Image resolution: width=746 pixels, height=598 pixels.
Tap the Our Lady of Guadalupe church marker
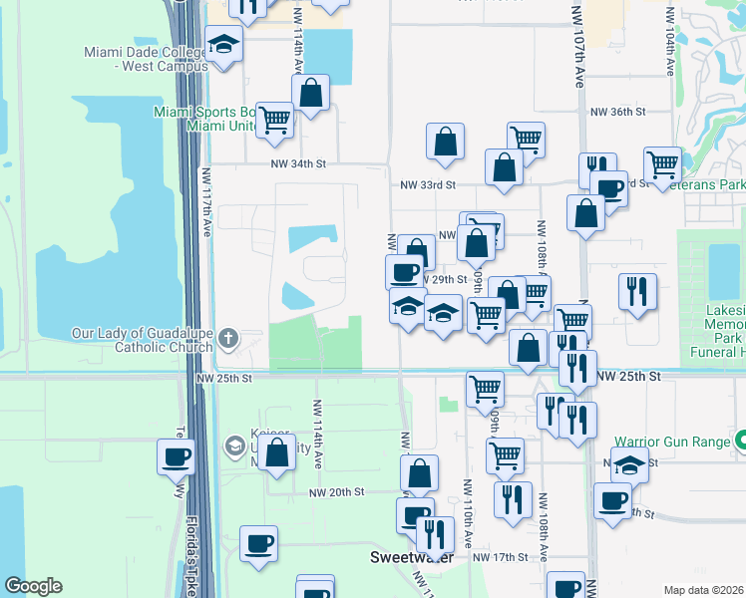pyautogui.click(x=228, y=338)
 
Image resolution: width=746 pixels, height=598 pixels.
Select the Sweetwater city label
pyautogui.click(x=411, y=557)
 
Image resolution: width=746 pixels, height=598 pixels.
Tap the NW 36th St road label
pyautogui.click(x=618, y=113)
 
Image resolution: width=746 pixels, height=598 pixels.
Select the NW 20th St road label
pyautogui.click(x=336, y=491)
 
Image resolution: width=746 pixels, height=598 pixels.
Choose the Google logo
pyautogui.click(x=33, y=586)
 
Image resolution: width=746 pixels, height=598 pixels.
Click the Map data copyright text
pyautogui.click(x=704, y=590)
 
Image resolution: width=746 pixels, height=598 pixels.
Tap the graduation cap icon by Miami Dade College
pyautogui.click(x=223, y=44)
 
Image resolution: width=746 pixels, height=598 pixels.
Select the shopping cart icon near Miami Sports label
pyautogui.click(x=274, y=119)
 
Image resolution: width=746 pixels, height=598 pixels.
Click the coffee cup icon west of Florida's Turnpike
pyautogui.click(x=177, y=457)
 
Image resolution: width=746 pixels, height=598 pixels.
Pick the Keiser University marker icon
pyautogui.click(x=234, y=445)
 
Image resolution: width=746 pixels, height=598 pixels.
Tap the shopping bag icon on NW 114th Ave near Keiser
pyautogui.click(x=278, y=451)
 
